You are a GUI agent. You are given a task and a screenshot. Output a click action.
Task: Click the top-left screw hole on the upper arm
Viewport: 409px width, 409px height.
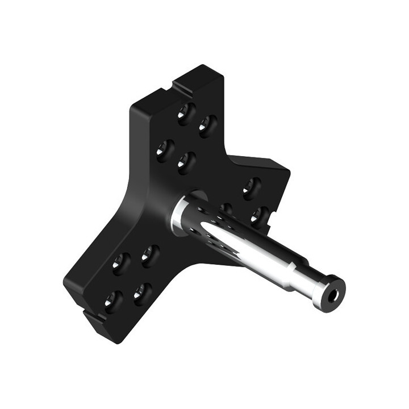[x=185, y=114]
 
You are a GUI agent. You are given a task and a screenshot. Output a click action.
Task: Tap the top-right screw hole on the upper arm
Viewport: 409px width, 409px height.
[x=207, y=126]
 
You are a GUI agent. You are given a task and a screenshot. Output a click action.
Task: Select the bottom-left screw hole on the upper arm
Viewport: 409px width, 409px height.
[x=164, y=151]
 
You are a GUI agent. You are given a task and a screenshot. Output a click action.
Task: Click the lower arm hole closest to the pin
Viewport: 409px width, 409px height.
[x=150, y=256]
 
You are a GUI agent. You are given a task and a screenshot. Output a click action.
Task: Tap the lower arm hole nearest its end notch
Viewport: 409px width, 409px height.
[x=112, y=301]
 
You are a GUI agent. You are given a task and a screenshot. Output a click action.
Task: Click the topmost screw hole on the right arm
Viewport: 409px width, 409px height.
[x=251, y=185]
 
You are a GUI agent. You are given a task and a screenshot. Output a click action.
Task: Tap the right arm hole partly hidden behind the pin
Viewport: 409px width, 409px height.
[x=226, y=209]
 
